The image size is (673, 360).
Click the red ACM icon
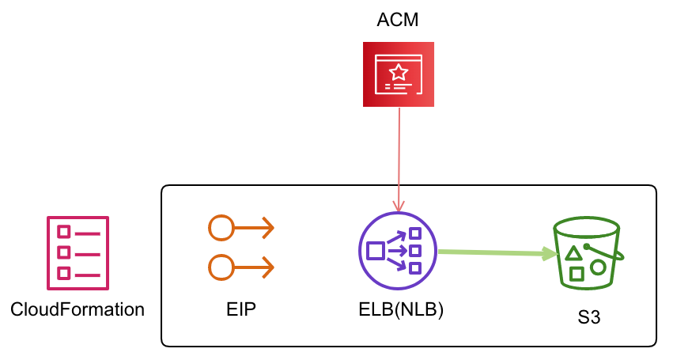(399, 74)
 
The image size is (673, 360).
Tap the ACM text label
(398, 20)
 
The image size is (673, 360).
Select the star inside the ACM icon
(399, 72)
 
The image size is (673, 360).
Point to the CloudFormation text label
(78, 309)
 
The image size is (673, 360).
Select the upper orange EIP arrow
(241, 229)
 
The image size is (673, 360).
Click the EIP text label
(241, 309)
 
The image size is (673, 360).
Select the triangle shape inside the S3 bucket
(573, 253)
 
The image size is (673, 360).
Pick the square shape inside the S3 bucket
(577, 274)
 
